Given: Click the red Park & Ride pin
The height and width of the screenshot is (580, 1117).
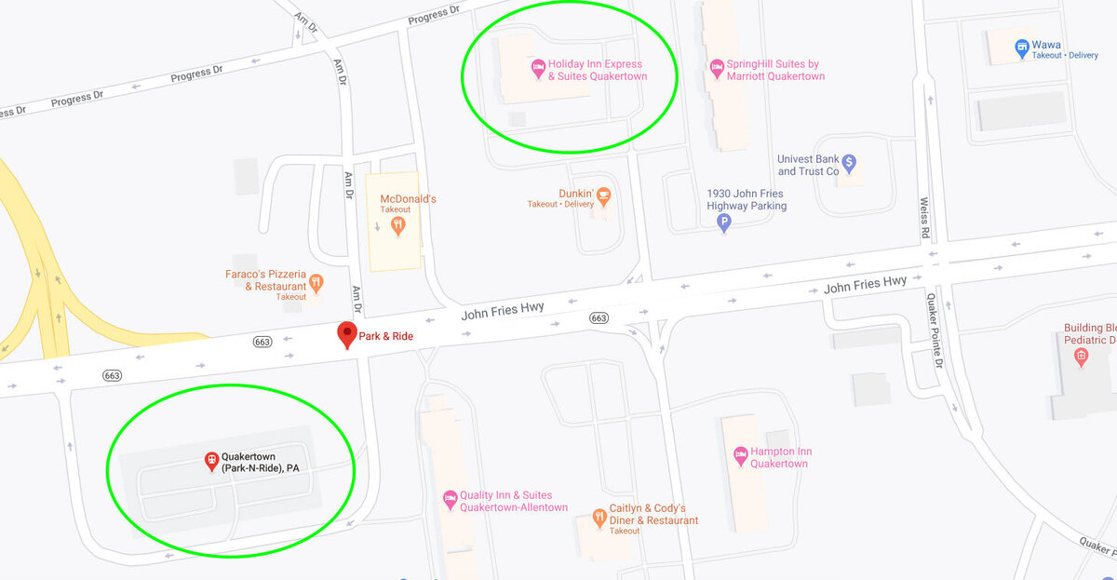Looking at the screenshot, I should [347, 333].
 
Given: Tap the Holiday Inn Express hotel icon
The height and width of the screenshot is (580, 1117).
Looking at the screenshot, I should [537, 69].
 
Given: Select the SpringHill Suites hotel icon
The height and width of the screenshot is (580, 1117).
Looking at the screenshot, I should [717, 69].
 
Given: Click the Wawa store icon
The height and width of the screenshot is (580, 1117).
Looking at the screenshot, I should [1021, 46].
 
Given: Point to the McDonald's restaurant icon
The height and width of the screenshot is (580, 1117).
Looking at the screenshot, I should [398, 224].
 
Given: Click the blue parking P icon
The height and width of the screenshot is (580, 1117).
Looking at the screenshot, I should [723, 223].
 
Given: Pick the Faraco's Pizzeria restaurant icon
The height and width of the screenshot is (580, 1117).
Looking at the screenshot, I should [316, 282].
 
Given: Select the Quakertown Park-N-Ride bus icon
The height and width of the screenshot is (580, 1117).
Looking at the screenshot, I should [211, 460].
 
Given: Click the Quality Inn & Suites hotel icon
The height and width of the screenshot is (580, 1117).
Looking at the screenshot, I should [450, 500].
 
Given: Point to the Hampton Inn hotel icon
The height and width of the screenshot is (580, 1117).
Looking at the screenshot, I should [741, 456].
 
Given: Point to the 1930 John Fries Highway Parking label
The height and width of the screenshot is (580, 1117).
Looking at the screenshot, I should [747, 199].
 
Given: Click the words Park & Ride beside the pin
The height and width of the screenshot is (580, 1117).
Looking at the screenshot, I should [386, 335].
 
